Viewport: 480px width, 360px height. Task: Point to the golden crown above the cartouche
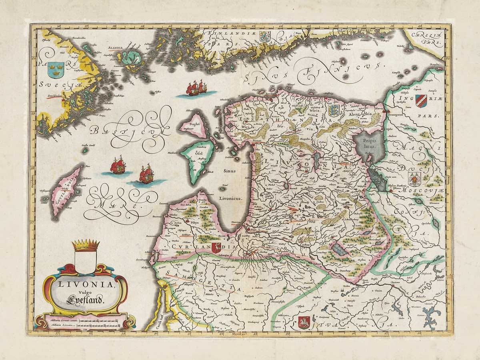pyautogui.click(x=86, y=245)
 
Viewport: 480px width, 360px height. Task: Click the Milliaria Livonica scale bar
pyautogui.click(x=98, y=326)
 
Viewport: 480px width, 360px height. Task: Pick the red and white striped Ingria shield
pyautogui.click(x=421, y=100)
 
